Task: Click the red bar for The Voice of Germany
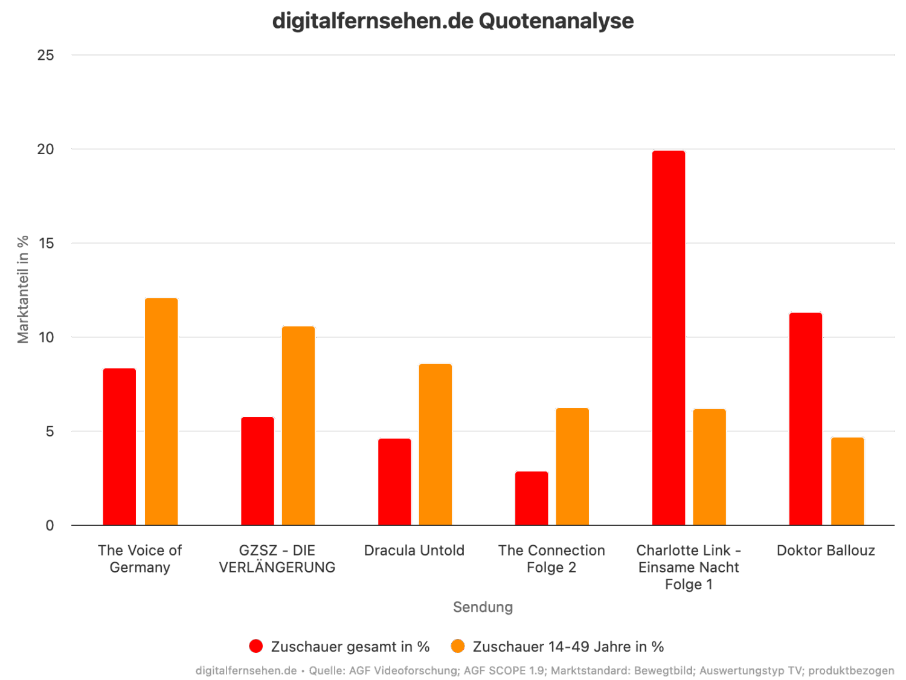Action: [120, 447]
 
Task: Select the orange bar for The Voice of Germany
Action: [161, 412]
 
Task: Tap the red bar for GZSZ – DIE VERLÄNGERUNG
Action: [257, 471]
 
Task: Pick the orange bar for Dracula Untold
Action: [435, 444]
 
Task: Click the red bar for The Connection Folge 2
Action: [532, 498]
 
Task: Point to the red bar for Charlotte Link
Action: [669, 338]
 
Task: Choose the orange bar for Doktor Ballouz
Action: [847, 481]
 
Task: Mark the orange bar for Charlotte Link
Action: [709, 467]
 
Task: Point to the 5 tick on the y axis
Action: [50, 432]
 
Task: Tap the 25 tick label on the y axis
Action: [46, 55]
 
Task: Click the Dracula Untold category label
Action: [414, 551]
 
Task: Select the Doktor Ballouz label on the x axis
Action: [826, 551]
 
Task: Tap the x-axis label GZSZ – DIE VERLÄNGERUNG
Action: [277, 559]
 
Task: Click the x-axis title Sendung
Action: [483, 607]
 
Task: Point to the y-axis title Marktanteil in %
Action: [24, 289]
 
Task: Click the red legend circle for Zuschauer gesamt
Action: [256, 646]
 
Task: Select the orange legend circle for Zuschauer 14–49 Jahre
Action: [458, 646]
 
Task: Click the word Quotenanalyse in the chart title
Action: [556, 21]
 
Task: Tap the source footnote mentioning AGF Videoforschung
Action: [545, 670]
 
